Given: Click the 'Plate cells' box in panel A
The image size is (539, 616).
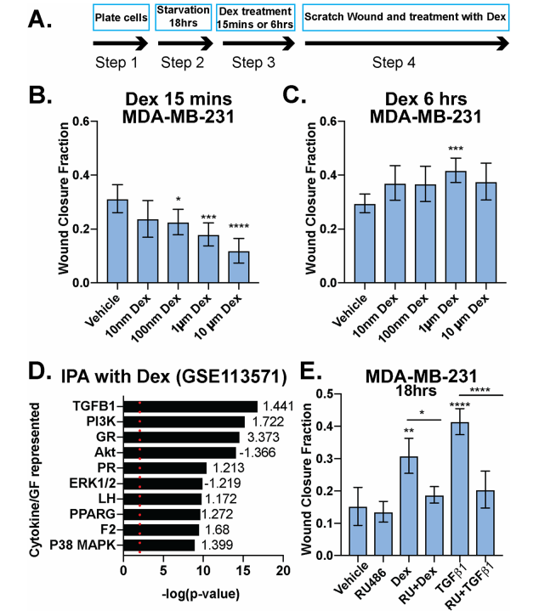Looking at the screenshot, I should pos(122,18).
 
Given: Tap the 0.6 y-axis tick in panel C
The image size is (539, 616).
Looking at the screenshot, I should pos(325,121).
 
